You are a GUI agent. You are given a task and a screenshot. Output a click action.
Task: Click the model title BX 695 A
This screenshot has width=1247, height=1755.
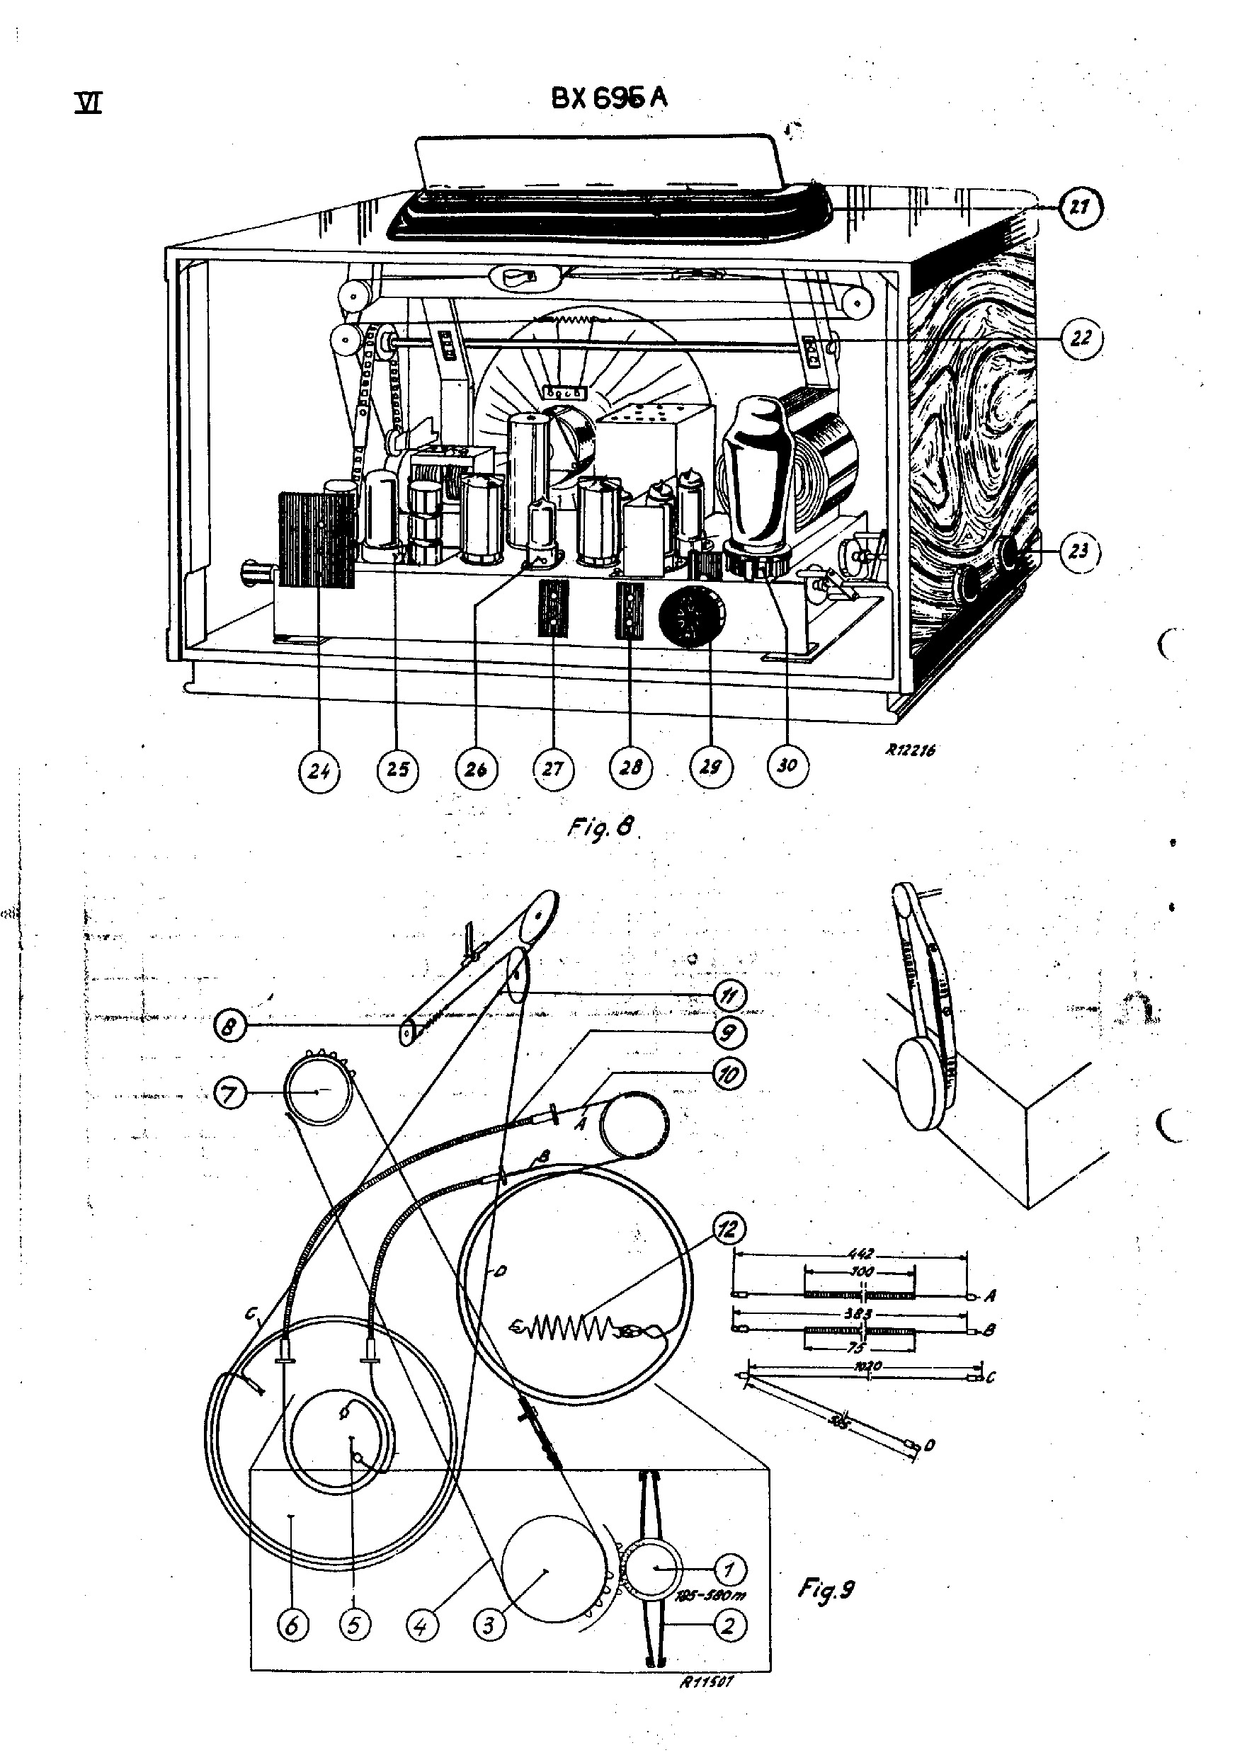point(609,99)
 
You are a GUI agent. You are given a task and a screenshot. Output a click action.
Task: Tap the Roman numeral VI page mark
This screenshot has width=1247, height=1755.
point(89,103)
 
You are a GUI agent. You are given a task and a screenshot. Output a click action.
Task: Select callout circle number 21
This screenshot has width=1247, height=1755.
point(1081,207)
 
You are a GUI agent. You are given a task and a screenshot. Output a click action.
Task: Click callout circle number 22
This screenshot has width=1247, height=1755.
point(1081,337)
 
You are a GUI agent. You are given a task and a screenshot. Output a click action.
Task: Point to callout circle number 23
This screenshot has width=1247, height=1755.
point(1079,551)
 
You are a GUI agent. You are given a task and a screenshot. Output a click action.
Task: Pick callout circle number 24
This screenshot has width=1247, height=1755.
point(319,770)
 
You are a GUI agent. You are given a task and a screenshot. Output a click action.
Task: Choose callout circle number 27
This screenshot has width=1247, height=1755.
point(553,769)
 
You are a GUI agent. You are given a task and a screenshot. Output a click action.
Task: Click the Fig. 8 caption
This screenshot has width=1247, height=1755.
point(602,828)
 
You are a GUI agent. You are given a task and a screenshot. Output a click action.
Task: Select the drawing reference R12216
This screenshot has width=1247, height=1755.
point(911,750)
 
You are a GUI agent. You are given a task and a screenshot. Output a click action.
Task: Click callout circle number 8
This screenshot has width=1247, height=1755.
point(229,1027)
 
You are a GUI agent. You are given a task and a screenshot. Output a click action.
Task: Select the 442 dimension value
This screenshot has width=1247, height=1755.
point(861,1254)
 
